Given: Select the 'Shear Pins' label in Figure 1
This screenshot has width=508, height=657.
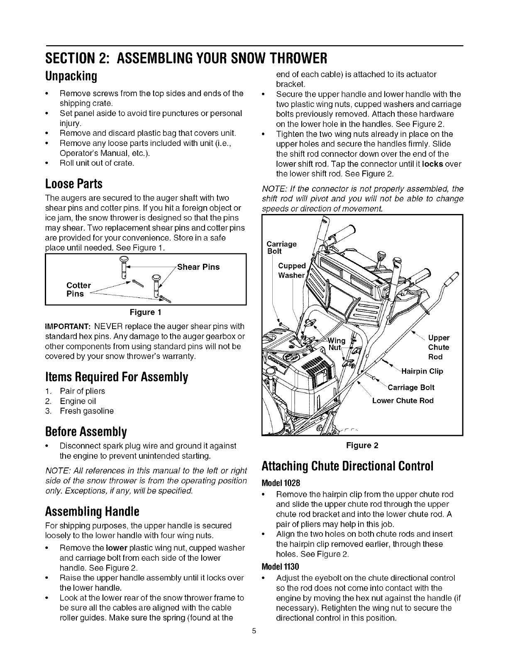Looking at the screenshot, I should point(198,267).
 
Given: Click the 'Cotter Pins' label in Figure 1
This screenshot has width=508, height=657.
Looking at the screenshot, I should point(78,290).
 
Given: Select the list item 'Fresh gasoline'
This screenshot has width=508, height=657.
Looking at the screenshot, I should point(87,411).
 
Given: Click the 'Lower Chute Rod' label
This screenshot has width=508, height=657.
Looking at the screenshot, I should point(403,401).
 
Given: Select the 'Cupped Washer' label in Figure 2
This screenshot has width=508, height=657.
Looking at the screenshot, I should point(291,270).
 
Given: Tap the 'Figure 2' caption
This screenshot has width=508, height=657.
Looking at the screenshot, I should point(363,446).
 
